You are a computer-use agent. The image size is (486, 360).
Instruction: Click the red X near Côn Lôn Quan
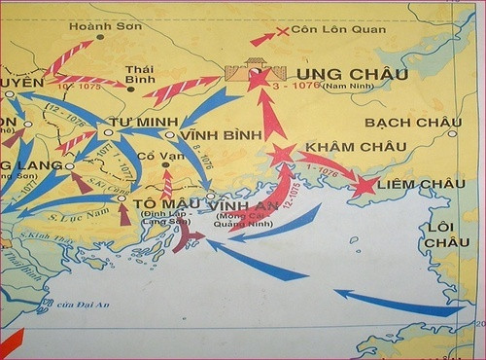click(x=283, y=32)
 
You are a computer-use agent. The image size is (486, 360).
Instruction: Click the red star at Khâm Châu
click(x=282, y=154)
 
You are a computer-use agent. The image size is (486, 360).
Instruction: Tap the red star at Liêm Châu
click(x=365, y=185)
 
